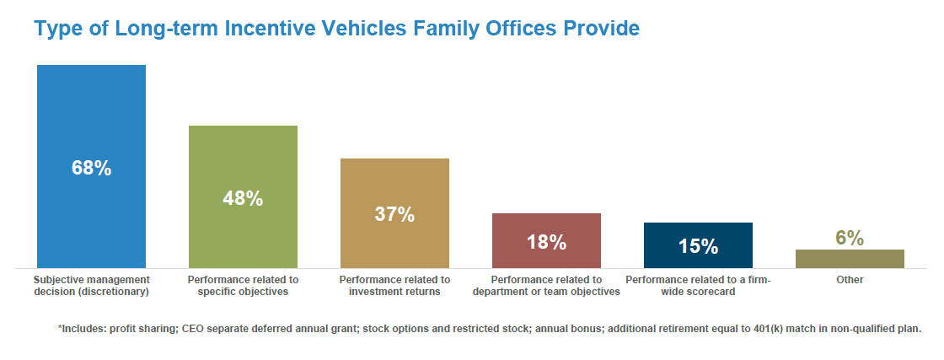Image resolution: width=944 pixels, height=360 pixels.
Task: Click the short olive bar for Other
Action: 850,259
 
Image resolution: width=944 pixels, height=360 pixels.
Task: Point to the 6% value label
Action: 850,239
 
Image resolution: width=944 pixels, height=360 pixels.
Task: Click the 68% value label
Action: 91,168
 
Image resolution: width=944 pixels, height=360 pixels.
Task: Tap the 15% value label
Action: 698,247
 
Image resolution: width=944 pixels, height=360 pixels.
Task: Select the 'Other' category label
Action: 850,279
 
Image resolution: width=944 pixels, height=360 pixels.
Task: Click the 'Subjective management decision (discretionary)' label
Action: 91,286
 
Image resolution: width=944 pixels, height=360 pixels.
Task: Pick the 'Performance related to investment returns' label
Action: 394,286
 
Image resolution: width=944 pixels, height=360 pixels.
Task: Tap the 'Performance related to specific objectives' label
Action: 243,286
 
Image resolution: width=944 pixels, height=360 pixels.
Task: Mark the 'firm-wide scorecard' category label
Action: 698,286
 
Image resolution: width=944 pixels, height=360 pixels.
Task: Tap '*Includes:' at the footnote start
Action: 81,329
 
